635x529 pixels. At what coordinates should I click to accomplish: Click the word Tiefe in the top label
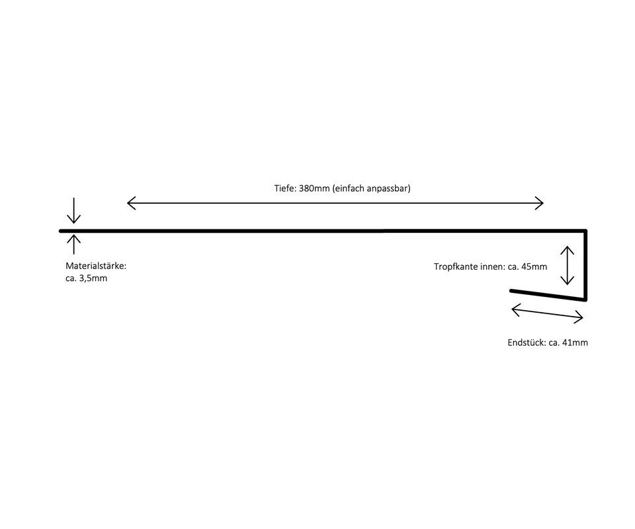coord(285,188)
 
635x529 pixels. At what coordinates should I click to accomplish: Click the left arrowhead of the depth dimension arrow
coord(129,203)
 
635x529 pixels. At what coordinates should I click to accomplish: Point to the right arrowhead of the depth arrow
coord(540,203)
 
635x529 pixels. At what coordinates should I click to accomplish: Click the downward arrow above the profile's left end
coord(73,212)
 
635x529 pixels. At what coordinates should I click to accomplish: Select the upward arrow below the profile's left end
coord(73,244)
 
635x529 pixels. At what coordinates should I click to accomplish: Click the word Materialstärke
coord(95,266)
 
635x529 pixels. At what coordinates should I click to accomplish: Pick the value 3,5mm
coord(93,278)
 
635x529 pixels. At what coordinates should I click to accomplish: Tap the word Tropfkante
coord(456,267)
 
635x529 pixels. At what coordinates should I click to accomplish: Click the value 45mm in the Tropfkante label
coord(534,267)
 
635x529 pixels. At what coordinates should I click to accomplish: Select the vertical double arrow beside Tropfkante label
coord(568,265)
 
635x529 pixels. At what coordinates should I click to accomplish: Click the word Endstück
coord(526,343)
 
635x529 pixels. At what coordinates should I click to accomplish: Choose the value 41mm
coord(574,343)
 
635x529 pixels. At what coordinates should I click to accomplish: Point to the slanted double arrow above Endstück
coord(548,313)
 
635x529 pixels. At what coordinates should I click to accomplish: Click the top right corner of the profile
coord(585,231)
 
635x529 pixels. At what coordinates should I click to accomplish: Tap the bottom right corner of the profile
coord(585,300)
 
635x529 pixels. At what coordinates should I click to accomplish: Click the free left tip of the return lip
coord(511,290)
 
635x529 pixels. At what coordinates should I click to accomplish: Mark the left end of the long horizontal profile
coord(61,231)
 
